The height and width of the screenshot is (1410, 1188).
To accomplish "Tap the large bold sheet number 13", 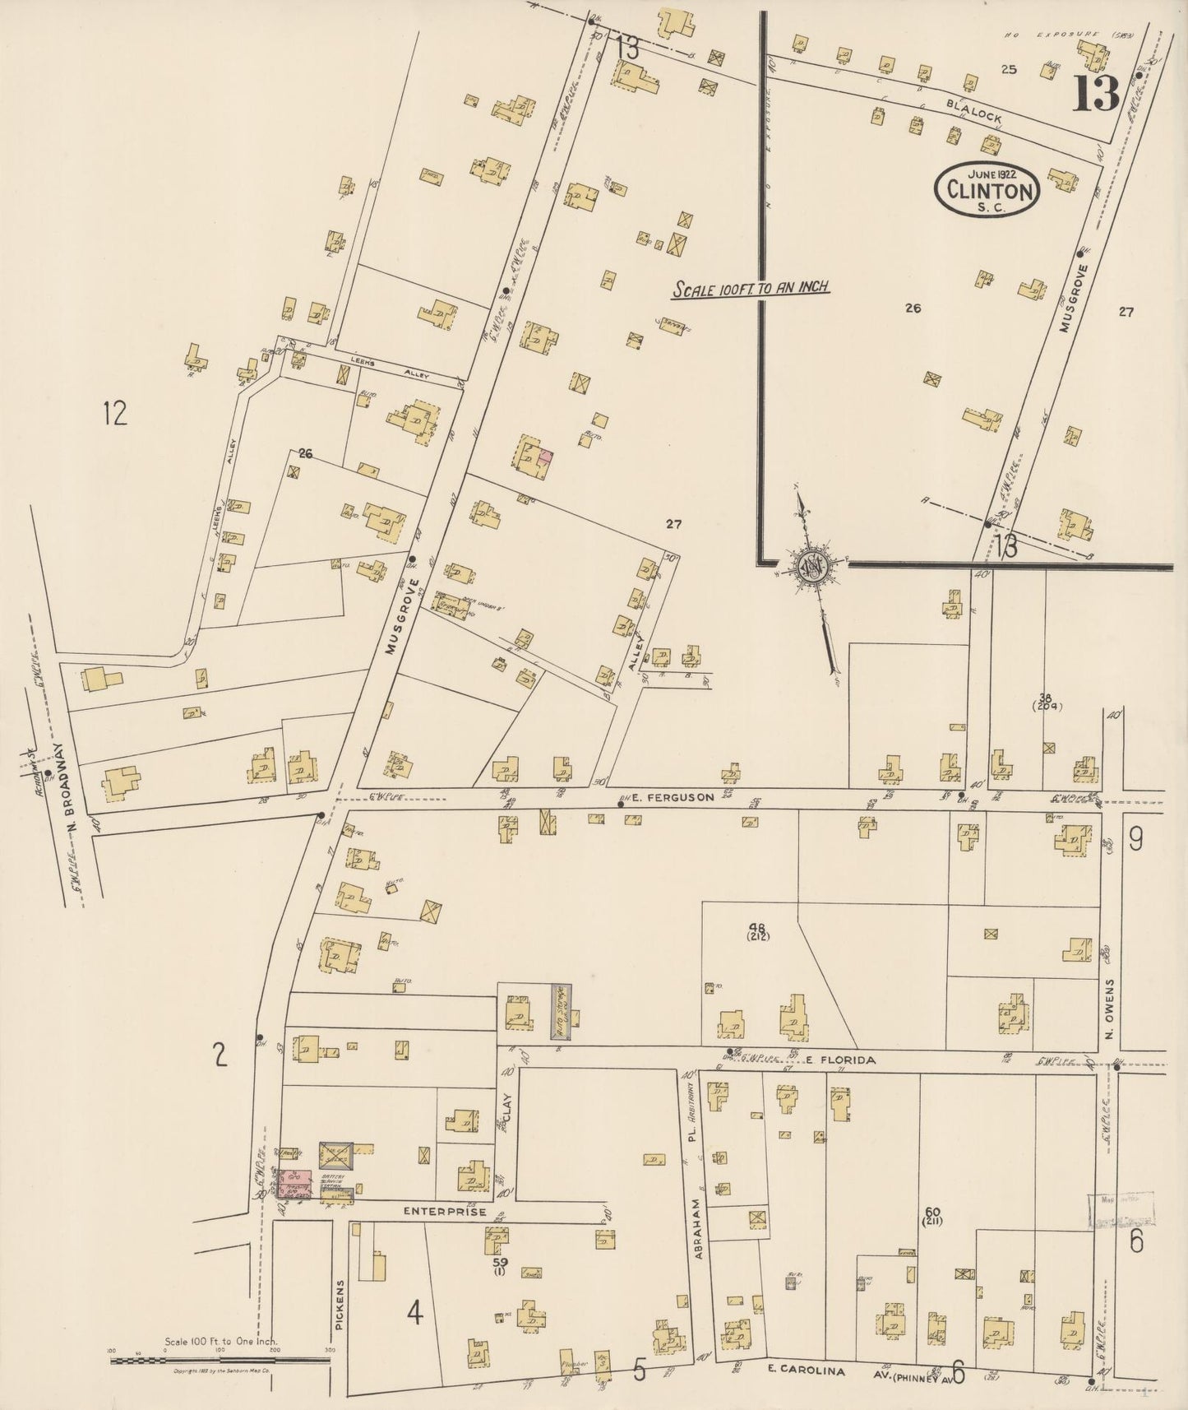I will [1095, 94].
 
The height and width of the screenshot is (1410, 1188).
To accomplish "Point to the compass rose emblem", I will [809, 567].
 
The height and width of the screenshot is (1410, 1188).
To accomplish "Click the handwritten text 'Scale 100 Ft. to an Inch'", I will [751, 289].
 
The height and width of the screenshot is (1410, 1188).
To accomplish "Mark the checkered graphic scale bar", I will [220, 1360].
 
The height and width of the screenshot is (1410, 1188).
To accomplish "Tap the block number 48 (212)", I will [757, 930].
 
